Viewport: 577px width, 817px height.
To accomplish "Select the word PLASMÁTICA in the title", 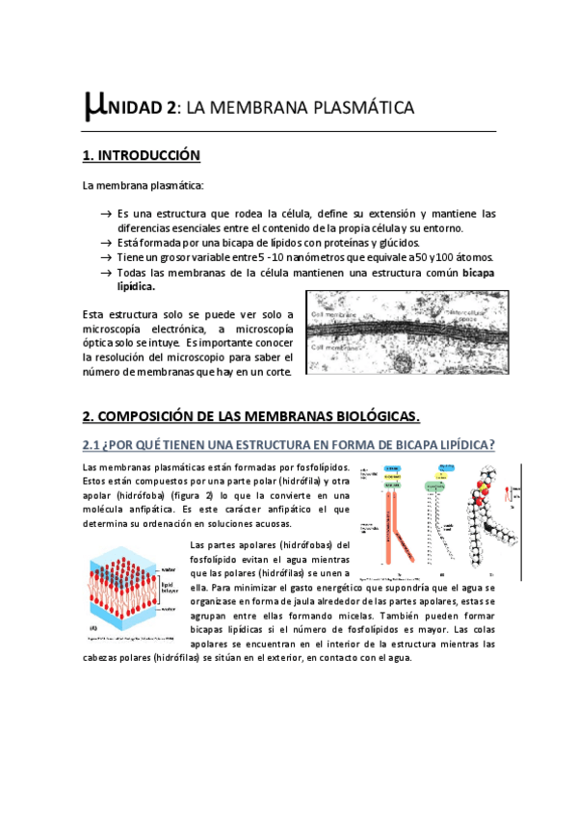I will coord(358,108).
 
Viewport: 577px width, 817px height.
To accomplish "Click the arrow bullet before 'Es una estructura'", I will coord(104,214).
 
